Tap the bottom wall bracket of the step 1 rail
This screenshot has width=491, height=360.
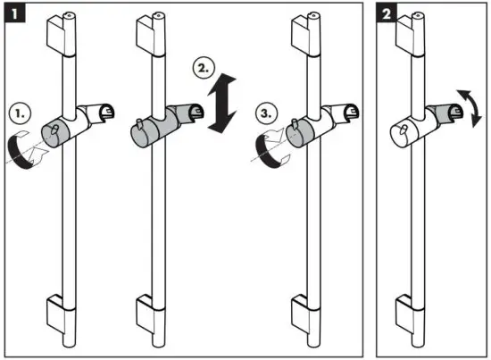61,314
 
